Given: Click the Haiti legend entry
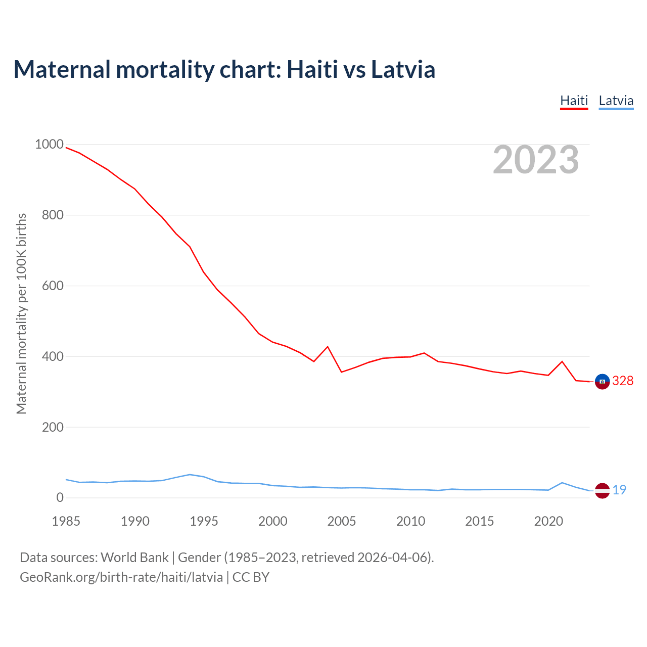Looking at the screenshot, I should pos(574,101).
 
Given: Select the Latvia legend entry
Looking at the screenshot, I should pos(616,101).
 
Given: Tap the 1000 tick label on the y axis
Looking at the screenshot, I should pos(49,145).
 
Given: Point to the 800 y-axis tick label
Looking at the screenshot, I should pos(53,215).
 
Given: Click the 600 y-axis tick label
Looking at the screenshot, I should pos(53,286).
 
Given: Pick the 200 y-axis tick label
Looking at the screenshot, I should pos(53,427).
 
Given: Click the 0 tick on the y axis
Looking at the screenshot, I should pos(60,498).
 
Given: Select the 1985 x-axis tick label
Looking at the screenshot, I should pos(66,521).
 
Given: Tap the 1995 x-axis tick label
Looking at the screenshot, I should pos(204,521).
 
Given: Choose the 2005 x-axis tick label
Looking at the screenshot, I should pos(342,521).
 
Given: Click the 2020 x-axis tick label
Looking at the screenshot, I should pos(548,521).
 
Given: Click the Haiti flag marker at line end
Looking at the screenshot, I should pos(602,382).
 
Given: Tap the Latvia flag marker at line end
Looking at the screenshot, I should pos(602,490).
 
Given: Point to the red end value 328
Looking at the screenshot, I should pos(623,381).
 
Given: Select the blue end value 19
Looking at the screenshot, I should pos(619,490).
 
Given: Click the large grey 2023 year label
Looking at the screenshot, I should pos(536,160).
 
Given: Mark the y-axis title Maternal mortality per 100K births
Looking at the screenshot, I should pos(21,313).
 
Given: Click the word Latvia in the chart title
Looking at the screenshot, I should pos(403,69).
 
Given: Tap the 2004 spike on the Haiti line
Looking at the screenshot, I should pos(328,347).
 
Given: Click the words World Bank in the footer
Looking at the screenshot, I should pos(134,558).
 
